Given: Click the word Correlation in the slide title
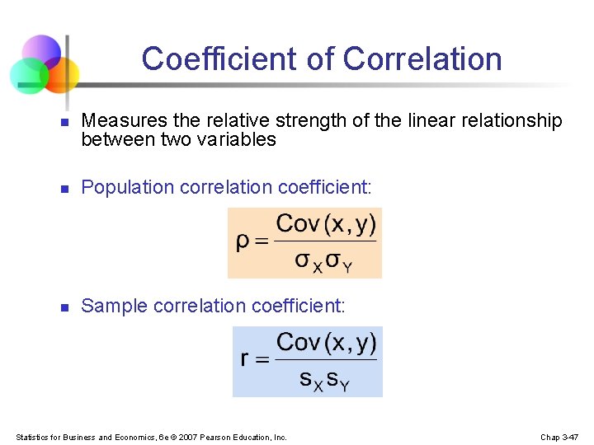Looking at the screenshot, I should point(422,59).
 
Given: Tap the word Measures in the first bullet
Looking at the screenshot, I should point(116,121).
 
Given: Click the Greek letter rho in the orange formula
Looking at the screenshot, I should point(243,241).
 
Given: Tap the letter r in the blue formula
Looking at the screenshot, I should point(245,359).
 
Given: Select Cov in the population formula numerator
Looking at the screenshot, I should point(298,223).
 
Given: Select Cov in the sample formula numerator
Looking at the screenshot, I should point(298,342).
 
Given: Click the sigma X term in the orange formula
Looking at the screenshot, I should point(309,262).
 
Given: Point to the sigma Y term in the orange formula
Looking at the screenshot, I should point(339,262).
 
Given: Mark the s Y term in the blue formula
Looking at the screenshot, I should point(338,381).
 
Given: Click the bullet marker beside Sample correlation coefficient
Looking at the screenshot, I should point(63,307).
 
